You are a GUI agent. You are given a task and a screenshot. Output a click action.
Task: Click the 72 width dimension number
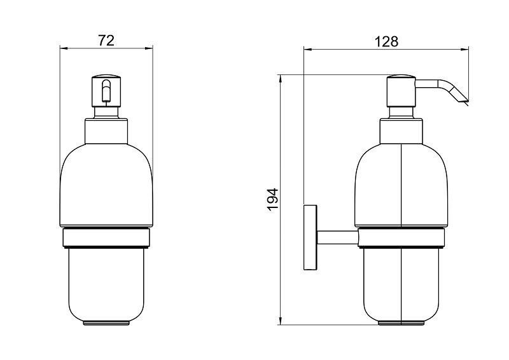tap(106, 41)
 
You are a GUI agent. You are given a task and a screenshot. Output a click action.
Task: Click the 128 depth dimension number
tap(386, 41)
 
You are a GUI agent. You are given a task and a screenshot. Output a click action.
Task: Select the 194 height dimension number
tap(273, 200)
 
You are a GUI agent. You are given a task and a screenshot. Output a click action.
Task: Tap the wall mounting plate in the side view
tap(310, 237)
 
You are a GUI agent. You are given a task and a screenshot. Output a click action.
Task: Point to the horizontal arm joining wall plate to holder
tap(338, 238)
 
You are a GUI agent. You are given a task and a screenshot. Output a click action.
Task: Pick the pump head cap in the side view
tap(401, 91)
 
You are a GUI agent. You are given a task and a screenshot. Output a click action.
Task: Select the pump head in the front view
tap(106, 91)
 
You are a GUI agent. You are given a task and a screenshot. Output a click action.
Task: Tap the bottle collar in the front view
tap(106, 131)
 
